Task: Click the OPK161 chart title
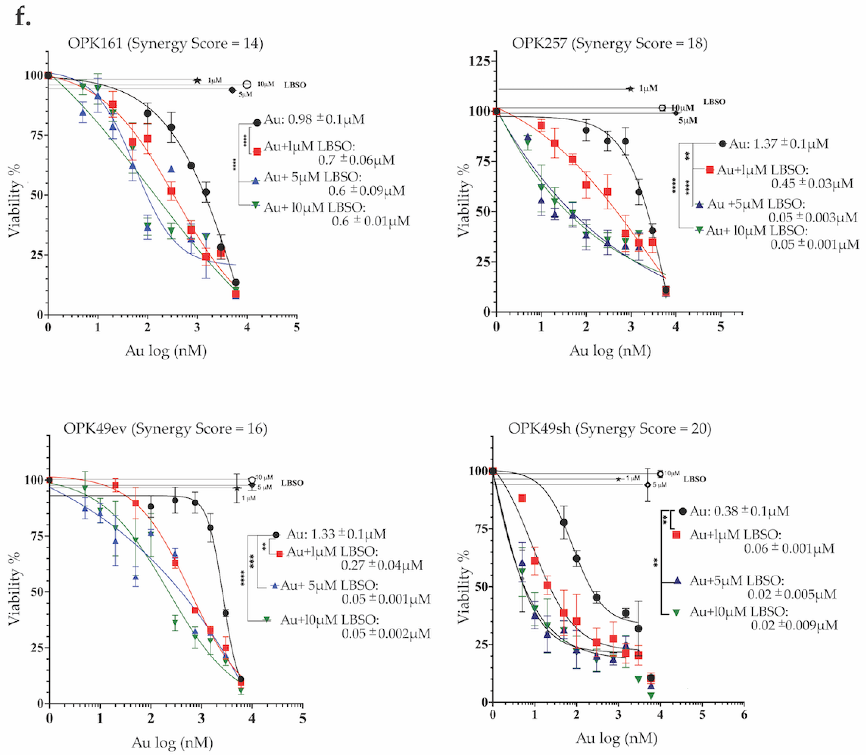165,43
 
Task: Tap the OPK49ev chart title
165,428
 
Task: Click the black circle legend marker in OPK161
257,123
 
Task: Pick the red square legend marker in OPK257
710,170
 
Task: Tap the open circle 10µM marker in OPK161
247,85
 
